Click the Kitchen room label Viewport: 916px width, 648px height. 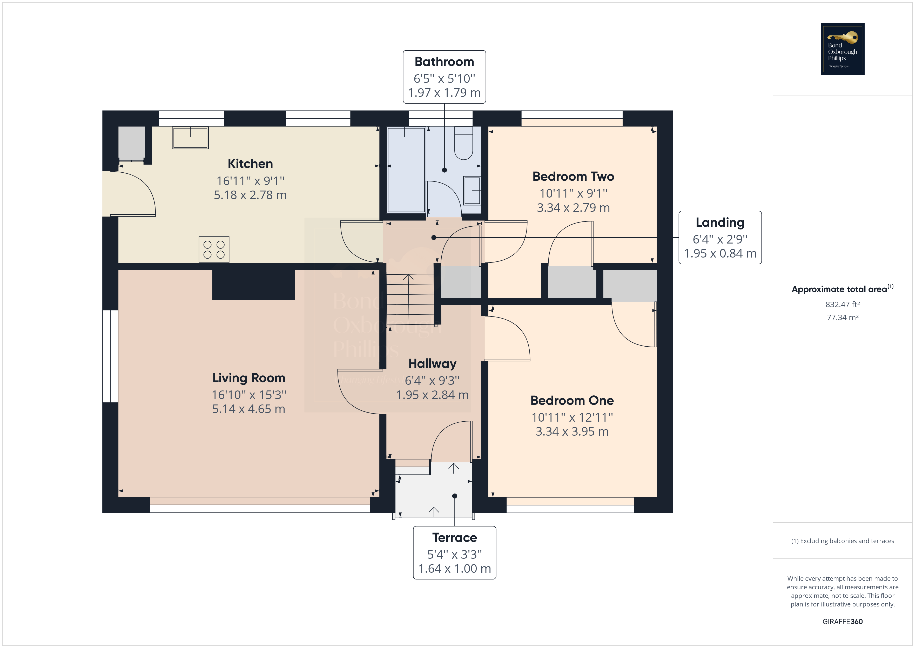coord(250,164)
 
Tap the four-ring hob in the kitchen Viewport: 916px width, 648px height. coord(214,249)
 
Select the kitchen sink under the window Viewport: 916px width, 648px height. coord(190,138)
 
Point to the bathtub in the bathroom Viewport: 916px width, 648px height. coord(406,170)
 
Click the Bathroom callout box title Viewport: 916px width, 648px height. coord(444,62)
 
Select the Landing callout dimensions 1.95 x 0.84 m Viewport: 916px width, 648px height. coord(720,253)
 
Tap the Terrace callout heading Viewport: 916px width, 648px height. coord(454,537)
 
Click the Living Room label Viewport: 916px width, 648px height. coord(248,378)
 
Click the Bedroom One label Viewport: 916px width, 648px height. coord(572,400)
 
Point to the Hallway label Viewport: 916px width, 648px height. coord(432,363)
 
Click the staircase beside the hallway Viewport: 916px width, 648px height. coord(410,299)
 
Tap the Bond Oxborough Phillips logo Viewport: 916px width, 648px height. coord(842,49)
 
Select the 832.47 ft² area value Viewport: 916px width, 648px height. coord(842,305)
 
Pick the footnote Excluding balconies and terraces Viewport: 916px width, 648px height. coord(842,541)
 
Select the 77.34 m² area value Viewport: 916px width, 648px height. coord(842,318)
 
